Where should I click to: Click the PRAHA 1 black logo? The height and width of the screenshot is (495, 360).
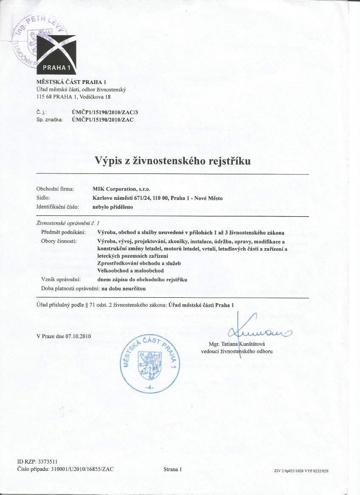pos(56,55)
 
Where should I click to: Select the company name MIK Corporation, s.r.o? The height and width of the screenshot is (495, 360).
pos(121,189)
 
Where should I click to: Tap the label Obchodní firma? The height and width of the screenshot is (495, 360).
pos(55,189)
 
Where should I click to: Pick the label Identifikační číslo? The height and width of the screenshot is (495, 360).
pos(58,207)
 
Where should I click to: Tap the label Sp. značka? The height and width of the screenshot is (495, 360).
pos(50,120)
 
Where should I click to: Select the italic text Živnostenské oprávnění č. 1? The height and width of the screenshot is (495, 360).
pos(68,223)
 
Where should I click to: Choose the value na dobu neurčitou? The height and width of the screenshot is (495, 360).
pos(121,288)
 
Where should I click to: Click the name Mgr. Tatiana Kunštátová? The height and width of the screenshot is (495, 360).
pos(237,344)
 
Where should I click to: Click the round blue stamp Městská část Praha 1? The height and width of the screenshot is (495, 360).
pos(148,361)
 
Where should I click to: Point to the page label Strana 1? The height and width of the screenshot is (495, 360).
pos(172,469)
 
